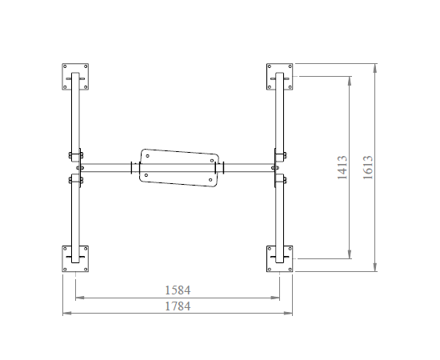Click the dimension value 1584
point(178,290)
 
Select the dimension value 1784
point(178,306)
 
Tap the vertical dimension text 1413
point(342,167)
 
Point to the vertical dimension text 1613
point(368,167)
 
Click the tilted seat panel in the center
point(179,168)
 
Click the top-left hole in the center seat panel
point(148,156)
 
